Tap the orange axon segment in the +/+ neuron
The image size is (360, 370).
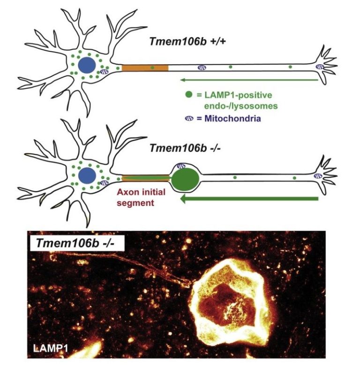click(145, 68)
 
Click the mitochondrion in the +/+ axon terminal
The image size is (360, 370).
click(321, 68)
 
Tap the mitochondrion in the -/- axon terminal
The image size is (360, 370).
click(320, 177)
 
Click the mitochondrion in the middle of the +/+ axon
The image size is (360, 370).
click(202, 68)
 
